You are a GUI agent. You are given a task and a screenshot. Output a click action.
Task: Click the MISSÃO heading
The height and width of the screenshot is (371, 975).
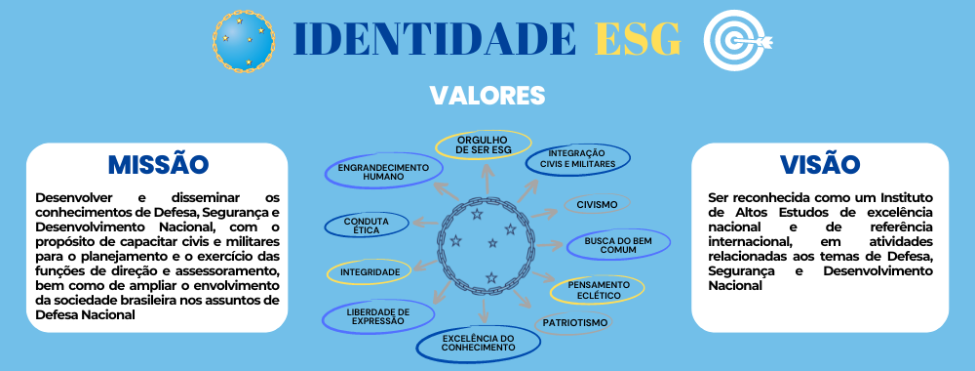tap(157, 163)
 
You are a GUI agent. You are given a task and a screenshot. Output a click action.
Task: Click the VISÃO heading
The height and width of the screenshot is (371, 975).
tap(820, 164)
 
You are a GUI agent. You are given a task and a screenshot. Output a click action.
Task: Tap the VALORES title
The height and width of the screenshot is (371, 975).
tap(487, 95)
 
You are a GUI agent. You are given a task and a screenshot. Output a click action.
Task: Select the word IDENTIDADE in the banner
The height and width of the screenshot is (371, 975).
tap(434, 38)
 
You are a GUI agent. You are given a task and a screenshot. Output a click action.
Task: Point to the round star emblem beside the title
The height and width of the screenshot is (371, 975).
tap(242, 40)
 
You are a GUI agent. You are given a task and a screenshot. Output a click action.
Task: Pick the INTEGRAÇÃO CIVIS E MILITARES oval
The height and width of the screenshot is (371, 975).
tap(577, 158)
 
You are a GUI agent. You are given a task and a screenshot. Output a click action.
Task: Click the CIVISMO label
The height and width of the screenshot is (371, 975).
tap(598, 205)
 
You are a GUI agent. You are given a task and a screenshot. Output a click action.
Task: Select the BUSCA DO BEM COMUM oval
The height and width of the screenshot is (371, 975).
tap(618, 244)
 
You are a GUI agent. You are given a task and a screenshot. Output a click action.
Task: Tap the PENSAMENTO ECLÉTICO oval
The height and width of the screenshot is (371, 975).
tap(598, 290)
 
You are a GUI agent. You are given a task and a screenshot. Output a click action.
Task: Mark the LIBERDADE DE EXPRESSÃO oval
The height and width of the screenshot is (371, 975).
tap(364, 315)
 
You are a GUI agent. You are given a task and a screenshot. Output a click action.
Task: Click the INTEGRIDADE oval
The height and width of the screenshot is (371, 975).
tap(364, 271)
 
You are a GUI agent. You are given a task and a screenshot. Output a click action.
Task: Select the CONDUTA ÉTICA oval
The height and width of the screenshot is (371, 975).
tap(359, 227)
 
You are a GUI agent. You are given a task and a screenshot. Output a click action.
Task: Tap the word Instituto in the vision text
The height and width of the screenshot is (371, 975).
tap(894, 198)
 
